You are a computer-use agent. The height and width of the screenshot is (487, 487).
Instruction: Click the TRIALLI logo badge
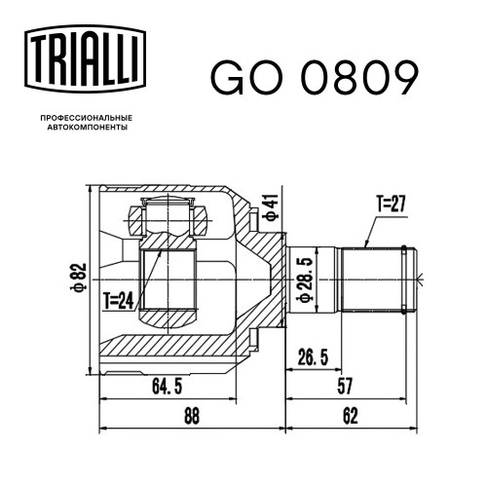[85, 58]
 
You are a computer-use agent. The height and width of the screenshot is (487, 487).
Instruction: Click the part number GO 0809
[315, 78]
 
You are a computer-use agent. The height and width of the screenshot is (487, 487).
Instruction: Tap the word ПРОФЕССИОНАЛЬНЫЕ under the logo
[87, 118]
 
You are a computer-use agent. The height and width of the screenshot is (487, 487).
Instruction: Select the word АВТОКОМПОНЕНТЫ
[87, 128]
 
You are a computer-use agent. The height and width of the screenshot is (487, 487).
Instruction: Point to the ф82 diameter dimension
[79, 277]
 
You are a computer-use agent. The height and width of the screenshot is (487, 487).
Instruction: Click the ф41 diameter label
[272, 207]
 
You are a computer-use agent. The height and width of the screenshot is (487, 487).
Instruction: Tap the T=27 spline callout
[392, 204]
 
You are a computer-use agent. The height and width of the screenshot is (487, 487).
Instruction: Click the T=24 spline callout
[119, 300]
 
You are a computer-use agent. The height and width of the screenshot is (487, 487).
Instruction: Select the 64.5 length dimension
[167, 387]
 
